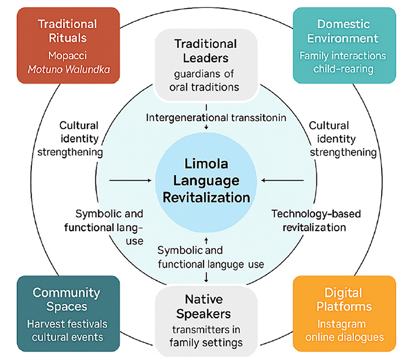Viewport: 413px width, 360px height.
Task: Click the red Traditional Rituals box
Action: click(x=68, y=45)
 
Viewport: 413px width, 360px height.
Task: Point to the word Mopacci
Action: click(x=68, y=56)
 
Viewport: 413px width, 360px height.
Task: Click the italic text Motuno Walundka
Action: click(x=68, y=70)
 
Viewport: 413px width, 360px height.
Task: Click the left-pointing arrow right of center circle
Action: click(x=283, y=180)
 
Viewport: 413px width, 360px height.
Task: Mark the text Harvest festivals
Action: click(x=68, y=324)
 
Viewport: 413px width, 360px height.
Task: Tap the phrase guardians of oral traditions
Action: click(x=205, y=80)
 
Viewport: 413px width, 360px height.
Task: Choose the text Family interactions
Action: click(x=343, y=56)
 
